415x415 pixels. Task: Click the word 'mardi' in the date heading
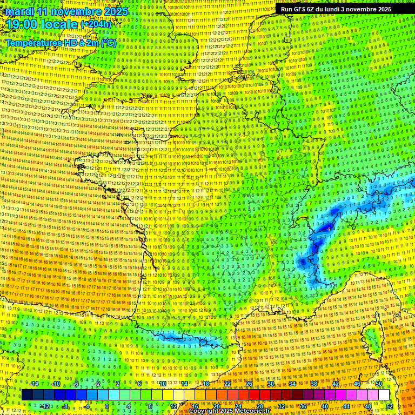pyautogui.click(x=18, y=11)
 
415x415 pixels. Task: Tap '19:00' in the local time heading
pyautogui.click(x=21, y=24)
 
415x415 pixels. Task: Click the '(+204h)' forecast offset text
pyautogui.click(x=96, y=24)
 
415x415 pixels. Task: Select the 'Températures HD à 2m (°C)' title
pyautogui.click(x=61, y=43)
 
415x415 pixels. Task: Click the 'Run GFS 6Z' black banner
pyautogui.click(x=333, y=9)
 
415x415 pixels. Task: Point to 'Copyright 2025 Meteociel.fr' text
pyautogui.click(x=229, y=411)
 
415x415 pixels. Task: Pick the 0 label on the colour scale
pyautogui.click(x=107, y=406)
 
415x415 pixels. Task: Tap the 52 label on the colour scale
pyautogui.click(x=390, y=406)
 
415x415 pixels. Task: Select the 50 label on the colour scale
pyautogui.click(x=379, y=384)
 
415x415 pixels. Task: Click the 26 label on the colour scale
pyautogui.click(x=249, y=384)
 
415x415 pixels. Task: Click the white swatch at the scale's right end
pyautogui.click(x=384, y=395)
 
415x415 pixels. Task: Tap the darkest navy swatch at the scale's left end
pyautogui.click(x=28, y=395)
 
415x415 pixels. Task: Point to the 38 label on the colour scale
pyautogui.click(x=314, y=384)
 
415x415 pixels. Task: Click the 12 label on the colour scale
pyautogui.click(x=173, y=406)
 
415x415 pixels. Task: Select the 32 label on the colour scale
pyautogui.click(x=282, y=406)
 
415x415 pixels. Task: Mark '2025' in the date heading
pyautogui.click(x=116, y=11)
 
